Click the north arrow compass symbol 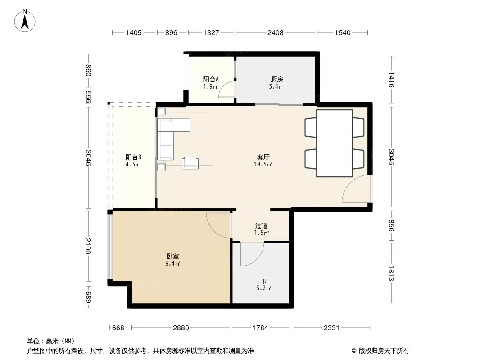pyautogui.click(x=25, y=21)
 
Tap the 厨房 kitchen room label pyautogui.click(x=277, y=80)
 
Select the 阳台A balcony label pyautogui.click(x=211, y=80)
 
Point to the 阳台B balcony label pyautogui.click(x=133, y=157)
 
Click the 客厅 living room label pyautogui.click(x=263, y=157)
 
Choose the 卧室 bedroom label pyautogui.click(x=172, y=256)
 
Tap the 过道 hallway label pyautogui.click(x=262, y=226)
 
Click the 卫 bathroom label pyautogui.click(x=263, y=281)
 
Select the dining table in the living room pyautogui.click(x=334, y=143)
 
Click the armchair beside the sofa pyautogui.click(x=190, y=163)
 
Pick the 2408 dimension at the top pyautogui.click(x=276, y=32)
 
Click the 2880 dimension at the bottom pyautogui.click(x=181, y=328)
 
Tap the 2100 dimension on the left pyautogui.click(x=88, y=246)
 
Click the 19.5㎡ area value pyautogui.click(x=263, y=164)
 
